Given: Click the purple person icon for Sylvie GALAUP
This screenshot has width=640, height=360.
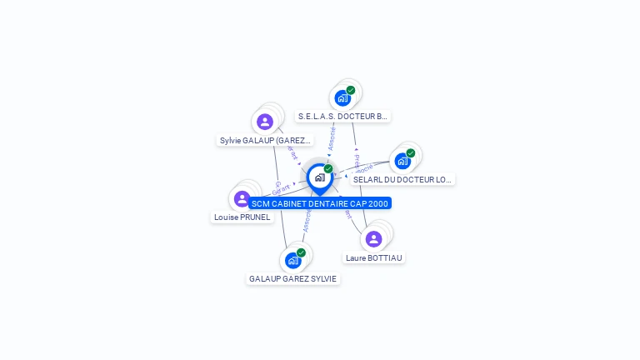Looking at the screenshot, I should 265,122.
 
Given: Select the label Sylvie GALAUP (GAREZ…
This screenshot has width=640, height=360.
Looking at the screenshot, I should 265,141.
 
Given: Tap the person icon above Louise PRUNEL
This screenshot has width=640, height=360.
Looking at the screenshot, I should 242,198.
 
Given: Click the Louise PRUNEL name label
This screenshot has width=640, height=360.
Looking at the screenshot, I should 242,217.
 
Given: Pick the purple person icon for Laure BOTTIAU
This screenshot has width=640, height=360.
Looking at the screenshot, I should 373,239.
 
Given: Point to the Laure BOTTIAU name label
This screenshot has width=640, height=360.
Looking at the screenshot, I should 374,258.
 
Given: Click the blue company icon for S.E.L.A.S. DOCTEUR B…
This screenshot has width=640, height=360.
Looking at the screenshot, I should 342,98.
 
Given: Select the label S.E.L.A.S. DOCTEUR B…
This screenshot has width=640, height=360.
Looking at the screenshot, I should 342,117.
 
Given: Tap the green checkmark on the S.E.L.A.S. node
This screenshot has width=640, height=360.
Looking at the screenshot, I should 351,90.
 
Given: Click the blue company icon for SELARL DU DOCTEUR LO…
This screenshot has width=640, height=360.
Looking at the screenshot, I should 402,161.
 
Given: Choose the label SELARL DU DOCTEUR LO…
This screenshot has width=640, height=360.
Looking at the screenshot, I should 402,179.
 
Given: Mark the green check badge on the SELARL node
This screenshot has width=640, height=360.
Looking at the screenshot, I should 411,153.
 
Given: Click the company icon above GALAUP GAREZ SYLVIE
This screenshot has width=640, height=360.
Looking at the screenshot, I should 292,260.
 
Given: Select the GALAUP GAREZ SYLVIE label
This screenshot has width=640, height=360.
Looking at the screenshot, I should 293,279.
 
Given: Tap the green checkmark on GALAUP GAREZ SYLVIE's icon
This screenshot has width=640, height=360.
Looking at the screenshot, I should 301,252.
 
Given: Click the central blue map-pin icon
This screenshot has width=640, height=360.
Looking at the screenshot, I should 319,177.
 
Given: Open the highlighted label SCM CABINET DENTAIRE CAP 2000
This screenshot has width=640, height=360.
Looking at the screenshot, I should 319,203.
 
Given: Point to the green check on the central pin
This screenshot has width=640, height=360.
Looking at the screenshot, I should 328,169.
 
